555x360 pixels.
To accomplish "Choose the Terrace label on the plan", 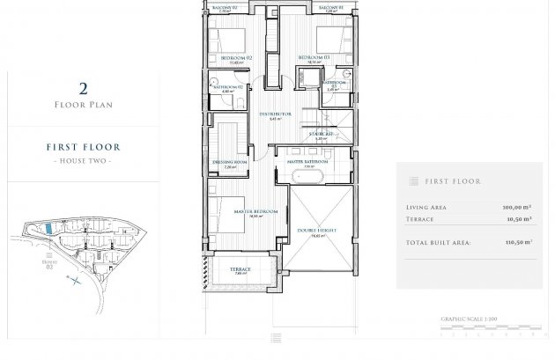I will pos(241,268).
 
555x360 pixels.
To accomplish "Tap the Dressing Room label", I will pos(228,162).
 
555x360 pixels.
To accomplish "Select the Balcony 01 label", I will pos(329,6).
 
